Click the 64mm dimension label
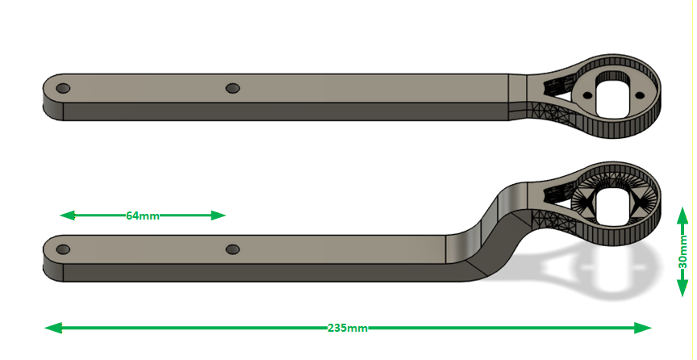coord(142,216)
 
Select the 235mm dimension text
coord(348,328)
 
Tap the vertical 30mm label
coord(682,252)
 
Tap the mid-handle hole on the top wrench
coord(232,88)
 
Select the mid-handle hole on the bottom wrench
coord(232,249)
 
